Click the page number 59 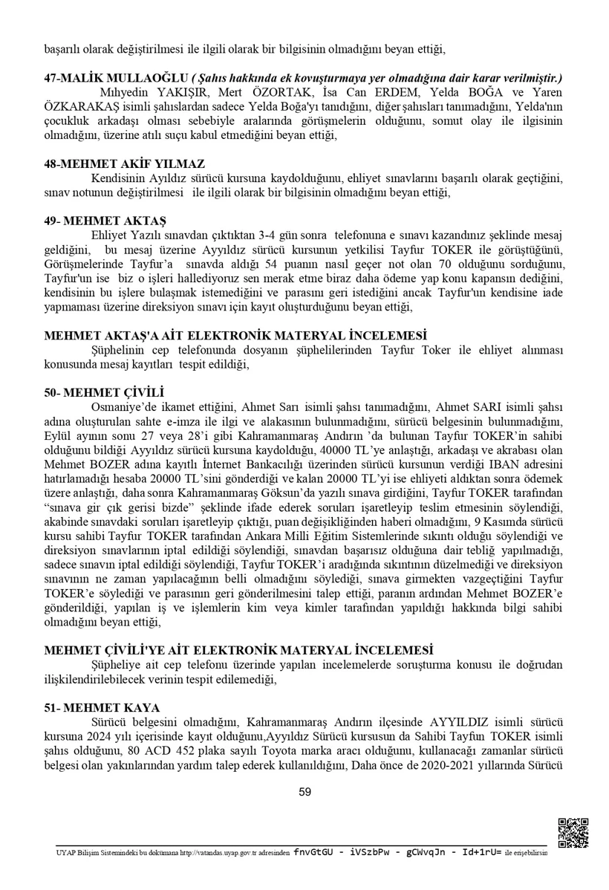304,792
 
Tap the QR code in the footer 573,833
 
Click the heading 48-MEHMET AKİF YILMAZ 123,163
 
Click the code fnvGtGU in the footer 315,853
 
